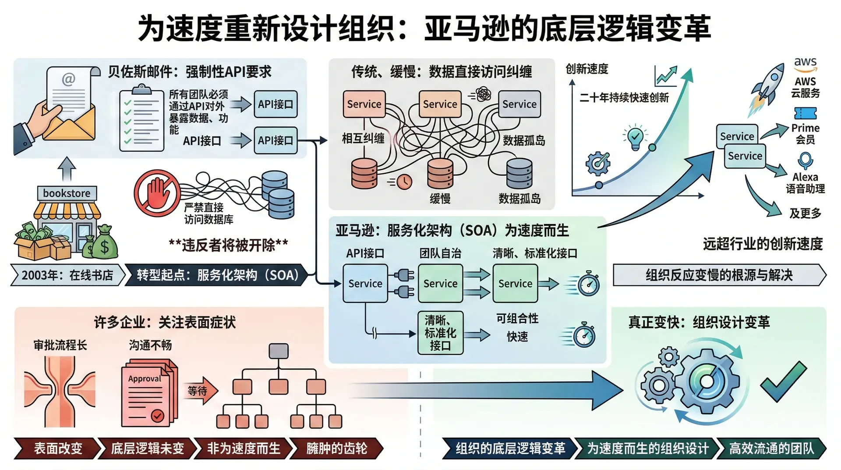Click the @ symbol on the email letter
[68, 80]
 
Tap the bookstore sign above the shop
[67, 193]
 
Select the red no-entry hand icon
[157, 193]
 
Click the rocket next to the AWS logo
[767, 85]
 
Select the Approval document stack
[149, 393]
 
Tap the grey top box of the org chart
[279, 351]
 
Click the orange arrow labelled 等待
[201, 390]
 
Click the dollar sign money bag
[104, 244]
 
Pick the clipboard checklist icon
[141, 119]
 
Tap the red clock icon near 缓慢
[404, 181]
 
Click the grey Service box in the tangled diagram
[519, 104]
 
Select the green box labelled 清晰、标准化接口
[440, 333]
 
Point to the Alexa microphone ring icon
[805, 160]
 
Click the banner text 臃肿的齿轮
[336, 449]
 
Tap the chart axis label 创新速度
[587, 69]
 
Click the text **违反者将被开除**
[228, 245]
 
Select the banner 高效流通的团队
[771, 449]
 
